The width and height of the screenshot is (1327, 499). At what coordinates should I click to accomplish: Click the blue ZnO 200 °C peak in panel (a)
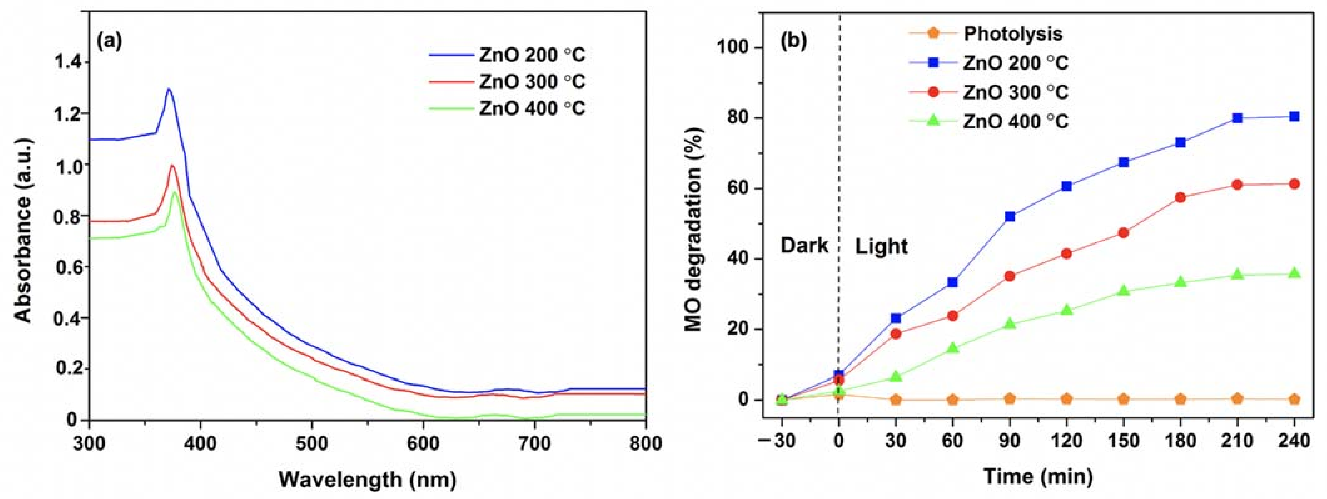pos(168,89)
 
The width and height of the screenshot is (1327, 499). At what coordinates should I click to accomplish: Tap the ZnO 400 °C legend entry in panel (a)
pos(532,109)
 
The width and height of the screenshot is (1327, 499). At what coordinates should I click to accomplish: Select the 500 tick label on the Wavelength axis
pos(312,443)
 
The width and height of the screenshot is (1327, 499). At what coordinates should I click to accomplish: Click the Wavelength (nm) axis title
pos(367,479)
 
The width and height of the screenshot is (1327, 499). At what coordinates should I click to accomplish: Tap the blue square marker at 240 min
pos(1294,116)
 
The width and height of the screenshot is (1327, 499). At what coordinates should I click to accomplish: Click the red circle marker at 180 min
pos(1181,197)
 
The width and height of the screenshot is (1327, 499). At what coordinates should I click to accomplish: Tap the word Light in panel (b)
pos(881,247)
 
